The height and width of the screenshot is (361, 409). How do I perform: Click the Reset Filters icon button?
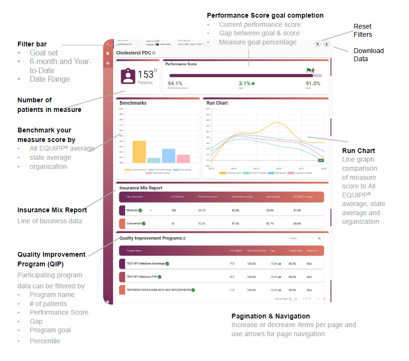click(318, 44)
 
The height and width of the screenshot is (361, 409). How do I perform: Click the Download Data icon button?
click(327, 44)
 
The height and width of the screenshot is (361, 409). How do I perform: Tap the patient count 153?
click(146, 75)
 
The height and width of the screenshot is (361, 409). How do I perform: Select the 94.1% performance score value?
click(175, 83)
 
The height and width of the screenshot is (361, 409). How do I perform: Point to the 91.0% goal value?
click(313, 83)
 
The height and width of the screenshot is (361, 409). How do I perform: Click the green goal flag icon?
click(309, 70)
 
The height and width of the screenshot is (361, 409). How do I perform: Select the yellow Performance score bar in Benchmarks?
click(139, 152)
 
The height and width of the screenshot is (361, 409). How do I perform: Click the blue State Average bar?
click(169, 156)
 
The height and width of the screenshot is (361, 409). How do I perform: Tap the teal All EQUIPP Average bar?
click(154, 160)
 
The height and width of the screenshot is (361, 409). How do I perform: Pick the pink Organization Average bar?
click(183, 159)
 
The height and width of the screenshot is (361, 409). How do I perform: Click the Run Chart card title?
click(217, 103)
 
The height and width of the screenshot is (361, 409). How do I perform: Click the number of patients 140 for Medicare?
click(174, 210)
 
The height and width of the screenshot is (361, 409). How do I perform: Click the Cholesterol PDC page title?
click(133, 53)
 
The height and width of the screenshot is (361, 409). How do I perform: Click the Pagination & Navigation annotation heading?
click(270, 316)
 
